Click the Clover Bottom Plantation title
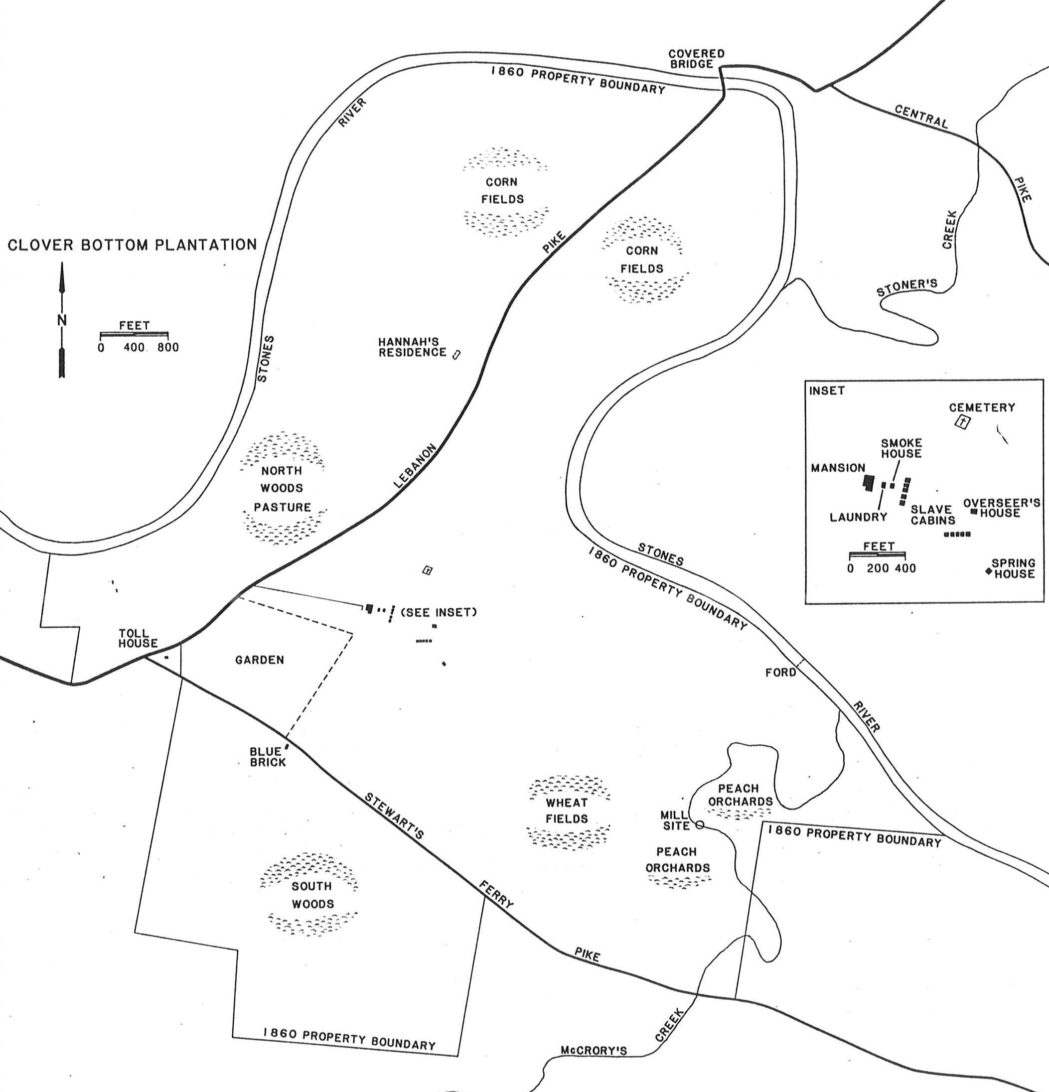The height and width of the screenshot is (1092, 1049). tap(132, 245)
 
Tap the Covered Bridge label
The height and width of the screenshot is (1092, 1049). tap(697, 58)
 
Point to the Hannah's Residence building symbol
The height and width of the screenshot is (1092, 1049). tap(456, 354)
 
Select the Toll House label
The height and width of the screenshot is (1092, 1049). tap(137, 638)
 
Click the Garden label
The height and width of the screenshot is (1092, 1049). tap(260, 660)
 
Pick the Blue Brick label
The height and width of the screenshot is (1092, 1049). tap(267, 757)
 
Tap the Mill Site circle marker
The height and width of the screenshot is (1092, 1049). tap(700, 824)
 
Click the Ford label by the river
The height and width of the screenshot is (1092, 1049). tap(780, 673)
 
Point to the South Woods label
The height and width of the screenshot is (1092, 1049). tap(312, 895)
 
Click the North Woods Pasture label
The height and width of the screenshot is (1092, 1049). tap(282, 489)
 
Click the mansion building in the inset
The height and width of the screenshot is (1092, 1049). tap(867, 483)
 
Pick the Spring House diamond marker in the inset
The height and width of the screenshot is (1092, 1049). tap(989, 570)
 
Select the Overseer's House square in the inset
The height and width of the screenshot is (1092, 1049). tap(974, 511)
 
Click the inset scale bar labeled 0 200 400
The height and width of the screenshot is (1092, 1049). tap(878, 555)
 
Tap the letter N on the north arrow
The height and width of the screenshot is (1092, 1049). tap(62, 320)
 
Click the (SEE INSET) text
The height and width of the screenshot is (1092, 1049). tap(439, 612)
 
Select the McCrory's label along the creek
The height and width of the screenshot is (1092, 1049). tap(593, 1051)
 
